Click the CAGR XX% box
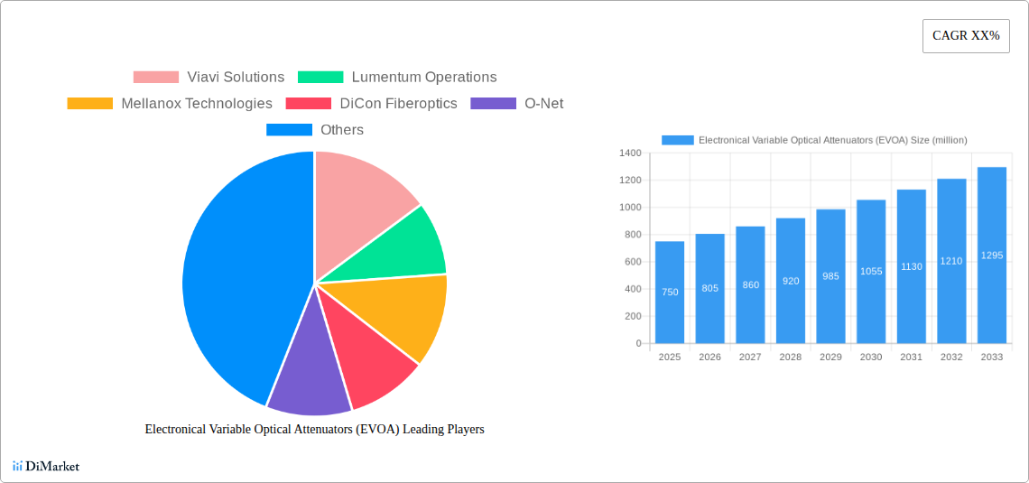[966, 36]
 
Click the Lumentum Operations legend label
[423, 78]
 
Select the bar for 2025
[670, 293]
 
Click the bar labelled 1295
[991, 255]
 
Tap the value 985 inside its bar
[830, 276]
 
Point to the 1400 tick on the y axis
[629, 153]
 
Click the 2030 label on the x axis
[871, 358]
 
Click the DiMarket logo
[46, 467]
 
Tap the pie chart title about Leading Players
[314, 430]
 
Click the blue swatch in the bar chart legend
[678, 140]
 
